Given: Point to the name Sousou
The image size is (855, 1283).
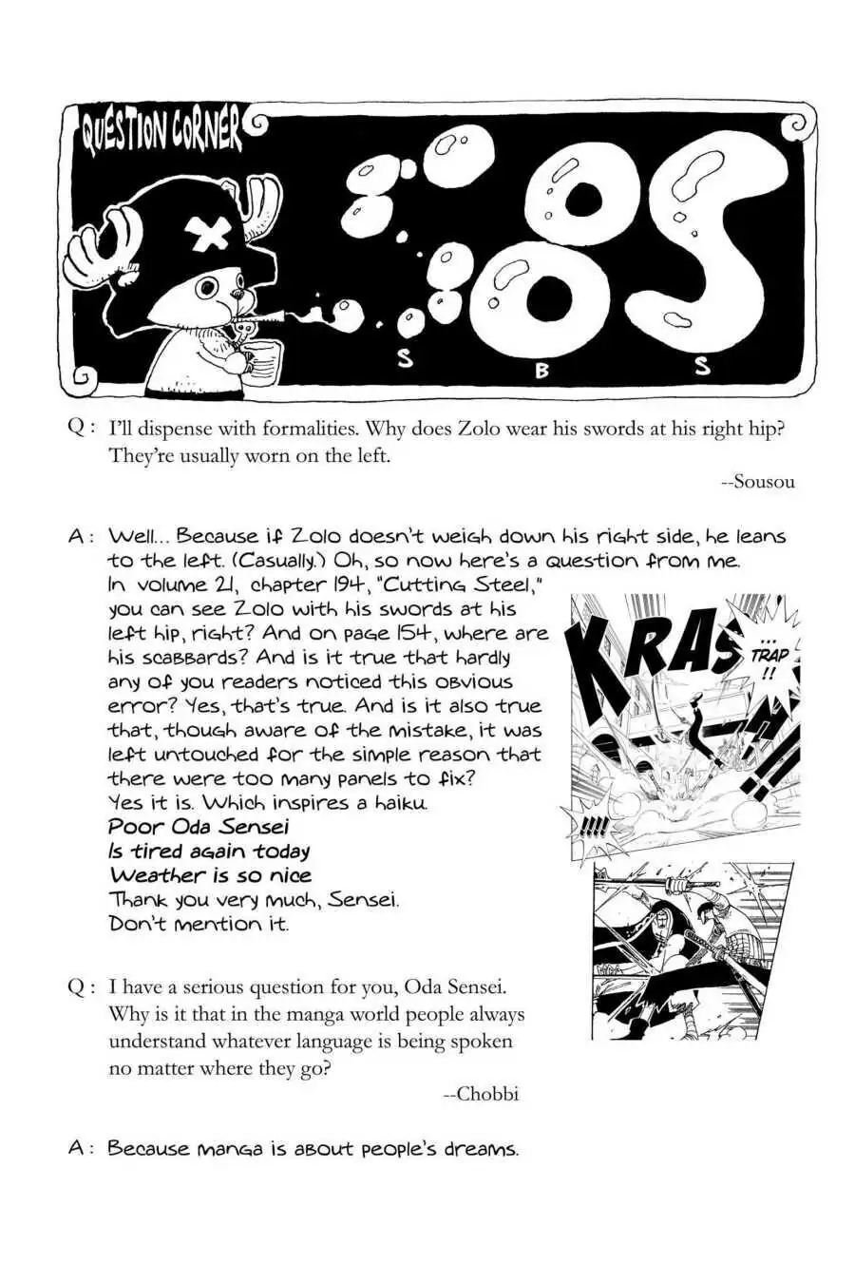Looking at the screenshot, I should [757, 482].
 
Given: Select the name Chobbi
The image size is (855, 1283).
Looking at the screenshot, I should [482, 1094].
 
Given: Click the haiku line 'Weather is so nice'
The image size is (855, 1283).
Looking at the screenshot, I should [210, 875].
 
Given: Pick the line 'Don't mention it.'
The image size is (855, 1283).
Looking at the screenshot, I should [199, 924].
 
